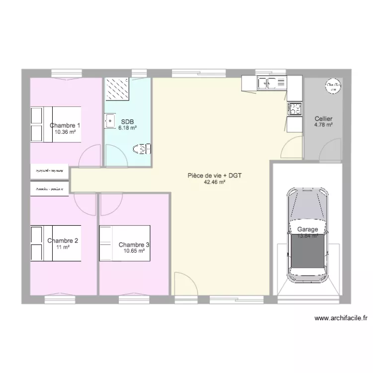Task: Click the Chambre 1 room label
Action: pyautogui.click(x=65, y=125)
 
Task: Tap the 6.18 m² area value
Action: pyautogui.click(x=127, y=128)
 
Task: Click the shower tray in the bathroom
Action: pyautogui.click(x=117, y=90)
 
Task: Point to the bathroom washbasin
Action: pyautogui.click(x=109, y=120)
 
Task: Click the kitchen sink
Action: pyautogui.click(x=272, y=83)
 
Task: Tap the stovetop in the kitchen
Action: pyautogui.click(x=294, y=108)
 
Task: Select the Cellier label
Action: pyautogui.click(x=323, y=119)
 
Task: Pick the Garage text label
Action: pyautogui.click(x=308, y=229)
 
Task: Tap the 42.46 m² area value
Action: pyautogui.click(x=215, y=182)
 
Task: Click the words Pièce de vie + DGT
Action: pyautogui.click(x=215, y=176)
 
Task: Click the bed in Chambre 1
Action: pyautogui.click(x=55, y=124)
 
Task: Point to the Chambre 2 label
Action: pyautogui.click(x=63, y=241)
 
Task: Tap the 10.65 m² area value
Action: pyautogui.click(x=134, y=251)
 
